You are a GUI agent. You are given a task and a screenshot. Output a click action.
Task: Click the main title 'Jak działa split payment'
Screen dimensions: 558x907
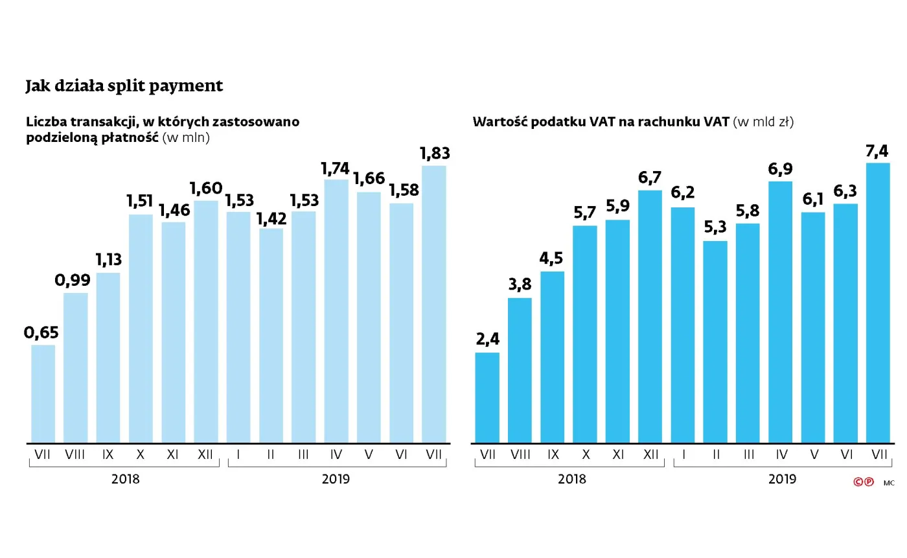[124, 86]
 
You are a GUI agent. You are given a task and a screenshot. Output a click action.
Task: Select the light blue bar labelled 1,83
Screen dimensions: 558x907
[434, 305]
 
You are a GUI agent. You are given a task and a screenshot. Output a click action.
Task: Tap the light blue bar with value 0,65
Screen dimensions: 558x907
[43, 394]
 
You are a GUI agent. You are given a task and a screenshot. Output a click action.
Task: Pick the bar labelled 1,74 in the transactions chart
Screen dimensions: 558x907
[336, 311]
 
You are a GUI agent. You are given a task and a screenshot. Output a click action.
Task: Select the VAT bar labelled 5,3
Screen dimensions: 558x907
[715, 342]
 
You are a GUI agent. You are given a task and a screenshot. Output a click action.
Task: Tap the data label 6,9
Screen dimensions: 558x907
[781, 170]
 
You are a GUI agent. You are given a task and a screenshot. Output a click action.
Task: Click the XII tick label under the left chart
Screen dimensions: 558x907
[205, 456]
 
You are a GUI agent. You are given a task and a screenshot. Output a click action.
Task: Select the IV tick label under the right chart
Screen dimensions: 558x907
[781, 456]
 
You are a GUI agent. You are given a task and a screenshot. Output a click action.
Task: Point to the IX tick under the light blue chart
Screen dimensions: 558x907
[108, 456]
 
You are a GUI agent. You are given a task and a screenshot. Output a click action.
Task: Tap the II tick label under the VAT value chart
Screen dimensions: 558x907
[715, 456]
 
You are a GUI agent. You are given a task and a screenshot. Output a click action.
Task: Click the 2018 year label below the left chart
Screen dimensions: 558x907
[125, 480]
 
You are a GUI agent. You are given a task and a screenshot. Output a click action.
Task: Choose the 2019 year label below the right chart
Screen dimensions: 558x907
[782, 480]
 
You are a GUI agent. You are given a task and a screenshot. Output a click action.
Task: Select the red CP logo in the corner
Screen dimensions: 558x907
[864, 482]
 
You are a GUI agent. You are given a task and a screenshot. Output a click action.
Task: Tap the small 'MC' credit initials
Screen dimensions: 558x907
[889, 483]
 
